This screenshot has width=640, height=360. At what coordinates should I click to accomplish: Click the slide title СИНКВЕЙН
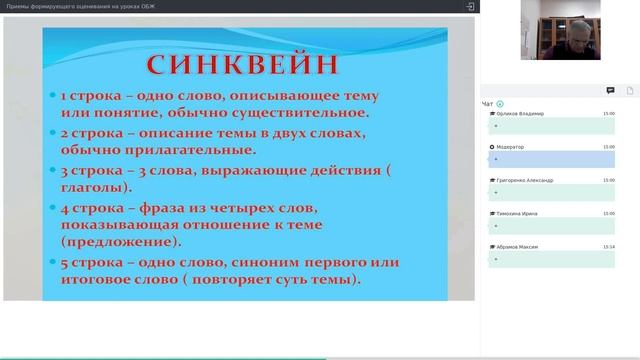tap(245, 64)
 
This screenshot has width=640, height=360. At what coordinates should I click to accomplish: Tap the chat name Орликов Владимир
tap(519, 114)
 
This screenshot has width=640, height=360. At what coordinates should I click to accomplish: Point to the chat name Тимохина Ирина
tap(519, 214)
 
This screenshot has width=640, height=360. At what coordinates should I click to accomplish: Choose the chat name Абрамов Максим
tap(518, 247)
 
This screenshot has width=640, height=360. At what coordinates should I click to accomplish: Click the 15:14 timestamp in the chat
tap(608, 247)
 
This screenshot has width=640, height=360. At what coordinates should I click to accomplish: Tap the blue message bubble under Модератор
tap(550, 159)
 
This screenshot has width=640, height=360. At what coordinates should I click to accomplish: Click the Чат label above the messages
tap(487, 104)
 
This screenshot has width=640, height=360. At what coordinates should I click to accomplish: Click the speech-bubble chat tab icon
tap(610, 90)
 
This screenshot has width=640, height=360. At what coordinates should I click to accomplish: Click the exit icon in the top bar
tap(470, 6)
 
